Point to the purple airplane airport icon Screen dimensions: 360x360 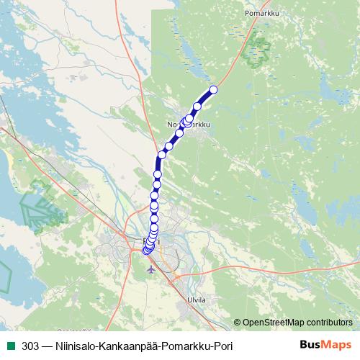(150, 270)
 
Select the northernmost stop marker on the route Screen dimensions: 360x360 (213, 90)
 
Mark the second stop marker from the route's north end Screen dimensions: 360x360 (197, 107)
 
